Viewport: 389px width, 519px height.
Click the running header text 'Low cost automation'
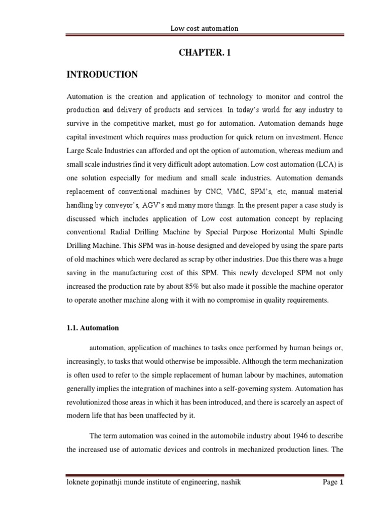[204, 28]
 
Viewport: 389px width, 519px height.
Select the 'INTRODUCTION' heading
[102, 75]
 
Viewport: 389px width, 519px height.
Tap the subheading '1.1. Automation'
[93, 328]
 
